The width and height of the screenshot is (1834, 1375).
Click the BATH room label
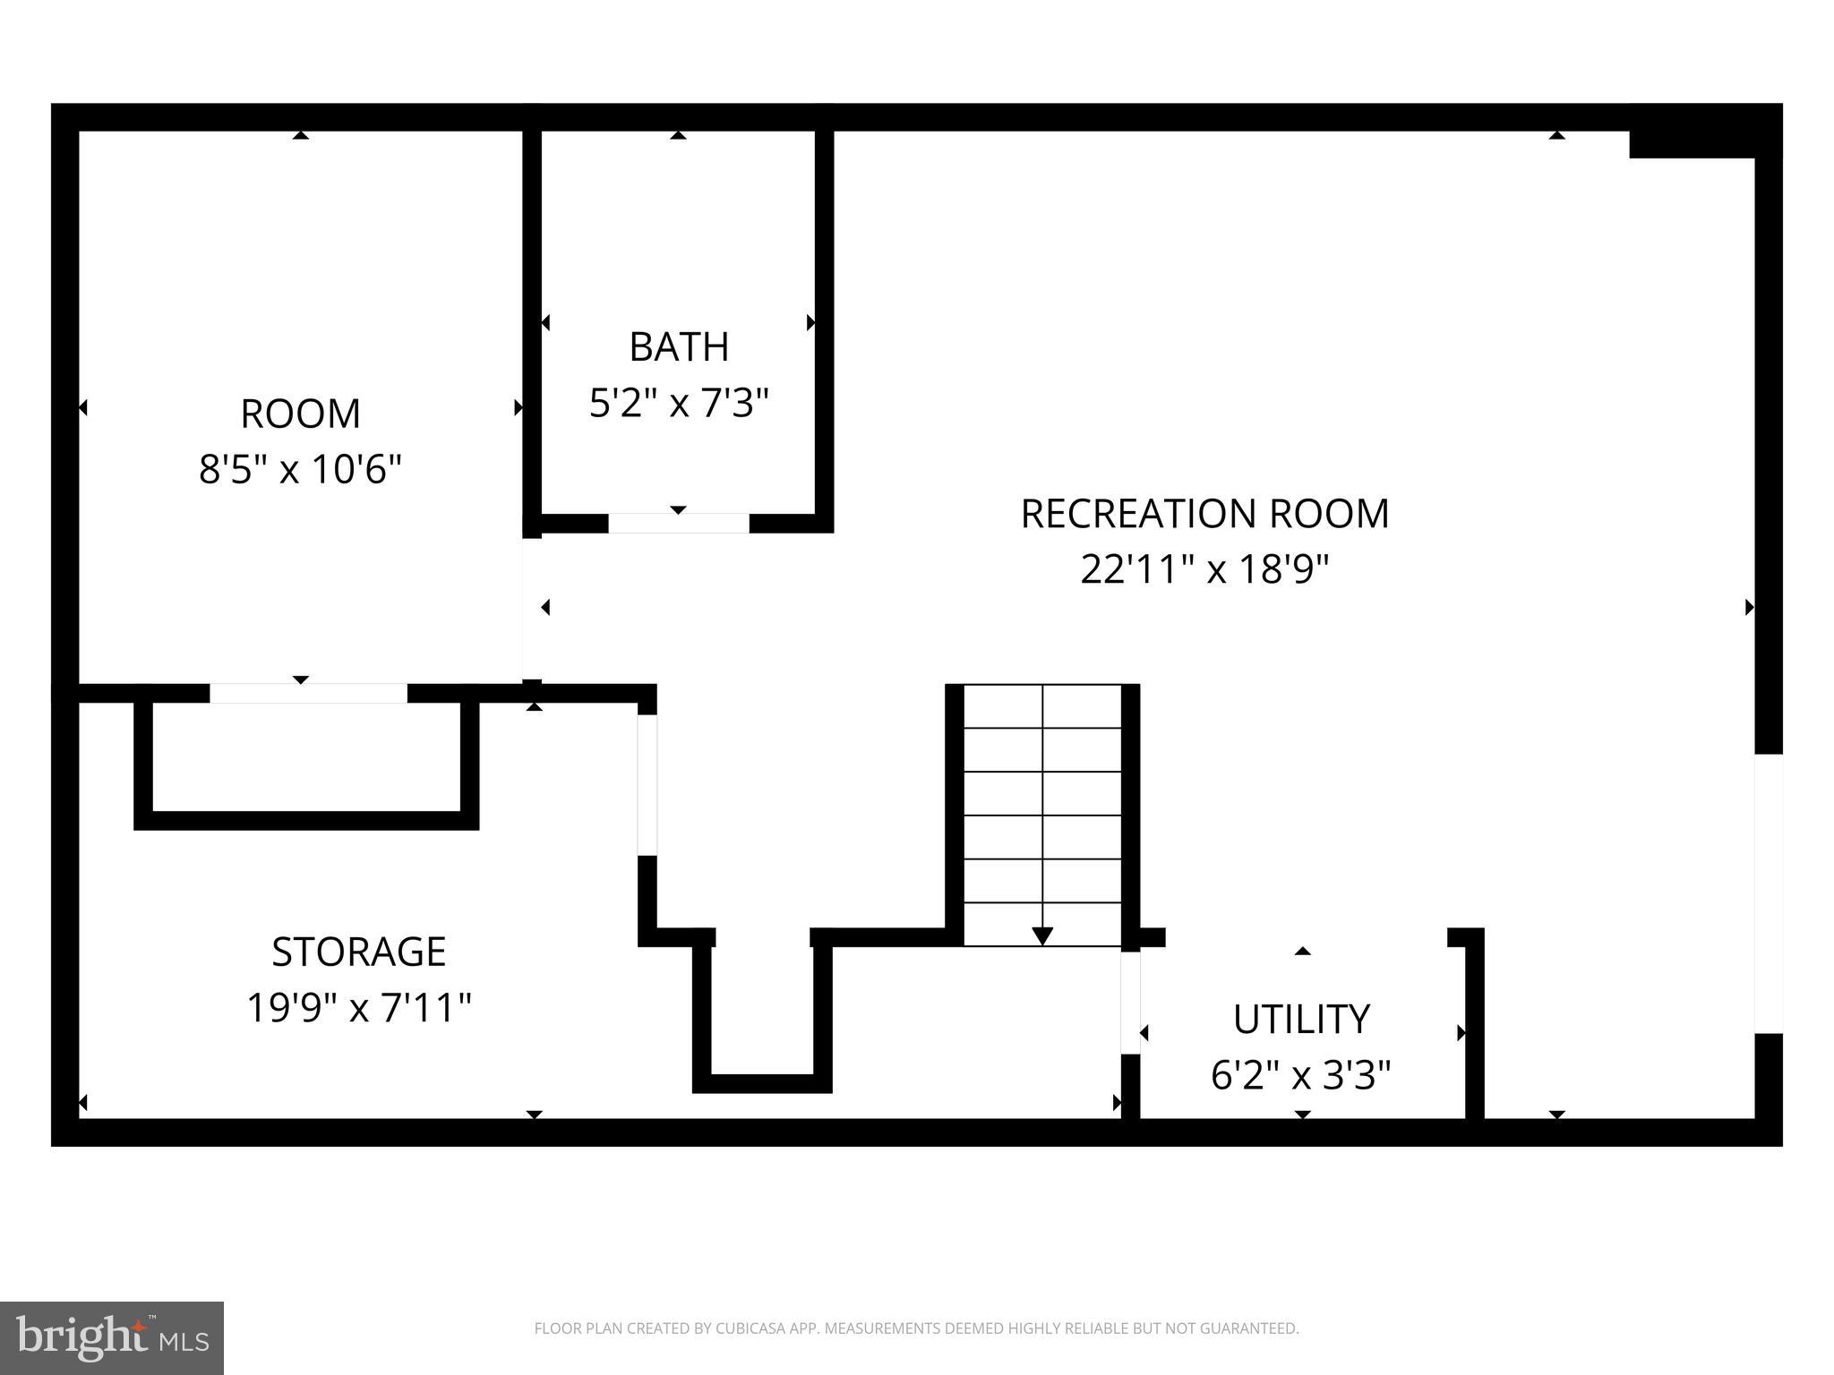(x=679, y=347)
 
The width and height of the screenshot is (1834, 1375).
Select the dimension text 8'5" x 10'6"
(x=300, y=469)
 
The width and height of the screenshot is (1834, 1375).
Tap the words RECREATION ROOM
(x=1204, y=514)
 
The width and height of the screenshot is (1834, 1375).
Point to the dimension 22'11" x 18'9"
(x=1204, y=569)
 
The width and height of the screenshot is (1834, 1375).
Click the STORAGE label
(x=358, y=952)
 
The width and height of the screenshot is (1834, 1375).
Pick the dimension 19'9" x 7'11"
(x=358, y=1008)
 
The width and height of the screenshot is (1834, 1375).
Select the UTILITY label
(x=1301, y=1019)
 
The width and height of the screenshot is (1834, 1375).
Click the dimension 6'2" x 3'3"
(x=1301, y=1075)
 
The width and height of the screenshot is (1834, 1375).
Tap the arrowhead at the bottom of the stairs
(x=1042, y=935)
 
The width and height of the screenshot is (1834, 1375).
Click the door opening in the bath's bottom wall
(x=679, y=524)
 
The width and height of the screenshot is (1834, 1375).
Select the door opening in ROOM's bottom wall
(x=308, y=693)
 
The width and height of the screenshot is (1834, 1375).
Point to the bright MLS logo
(x=111, y=1337)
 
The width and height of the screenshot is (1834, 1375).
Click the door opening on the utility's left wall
(x=1130, y=1003)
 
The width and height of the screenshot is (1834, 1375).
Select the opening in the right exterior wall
(x=1768, y=893)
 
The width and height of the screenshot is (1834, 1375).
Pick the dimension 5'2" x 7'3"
(x=679, y=404)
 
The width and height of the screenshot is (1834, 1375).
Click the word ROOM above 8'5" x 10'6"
(x=300, y=414)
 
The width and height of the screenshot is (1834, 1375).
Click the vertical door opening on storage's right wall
(x=647, y=784)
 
